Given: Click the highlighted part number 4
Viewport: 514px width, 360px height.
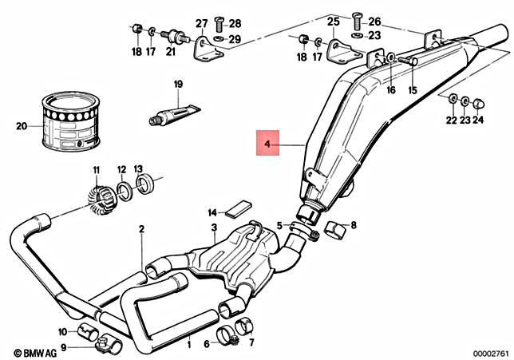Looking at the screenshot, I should point(268,144).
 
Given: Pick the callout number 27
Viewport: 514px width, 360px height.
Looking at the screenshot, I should point(202,23).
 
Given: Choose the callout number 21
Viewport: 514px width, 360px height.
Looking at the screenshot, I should point(170,52).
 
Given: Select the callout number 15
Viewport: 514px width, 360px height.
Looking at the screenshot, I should point(413,91).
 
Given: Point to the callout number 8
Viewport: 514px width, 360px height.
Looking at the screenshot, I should point(354,226).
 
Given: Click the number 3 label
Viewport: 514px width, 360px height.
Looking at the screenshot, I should point(214,229).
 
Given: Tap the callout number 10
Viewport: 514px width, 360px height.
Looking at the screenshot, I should point(61,331).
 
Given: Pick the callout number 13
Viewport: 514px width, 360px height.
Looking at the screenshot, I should point(138,169).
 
